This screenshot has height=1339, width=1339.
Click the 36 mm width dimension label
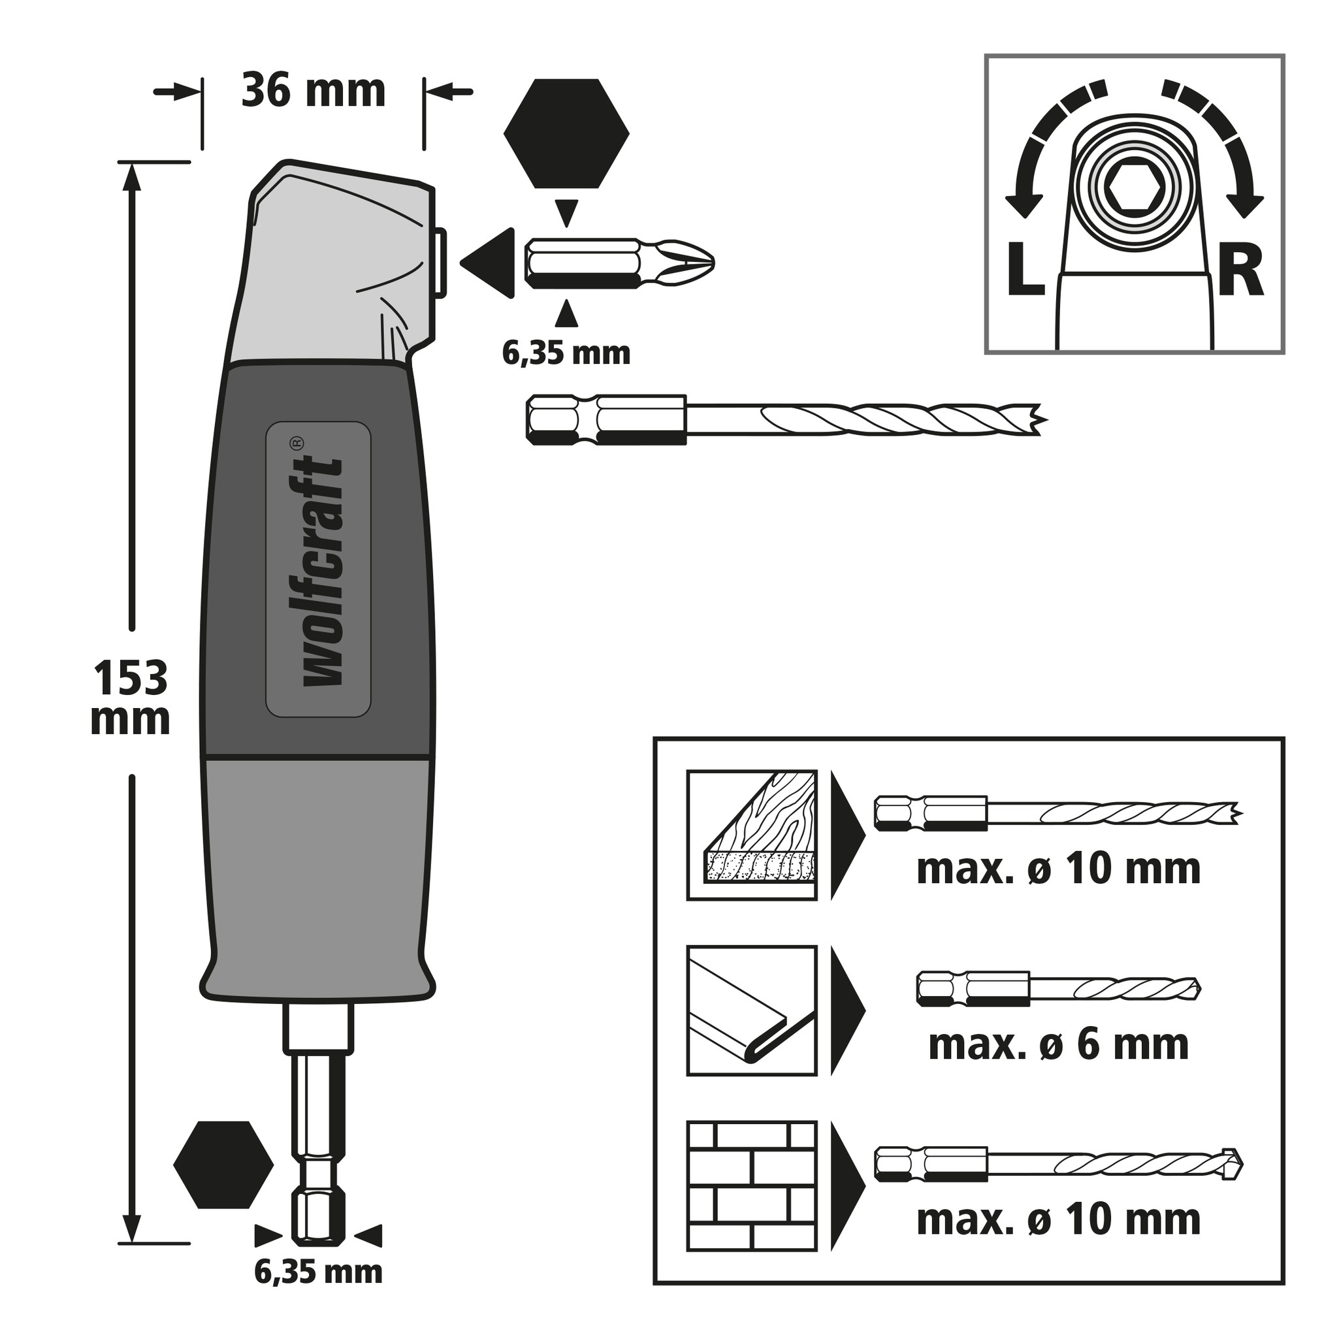314,91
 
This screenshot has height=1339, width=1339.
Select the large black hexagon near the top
566,134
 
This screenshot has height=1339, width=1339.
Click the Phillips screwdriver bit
619,263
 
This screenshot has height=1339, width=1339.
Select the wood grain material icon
751,835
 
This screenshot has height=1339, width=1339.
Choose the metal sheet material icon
751,1010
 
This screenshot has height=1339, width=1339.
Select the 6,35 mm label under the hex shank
318,1272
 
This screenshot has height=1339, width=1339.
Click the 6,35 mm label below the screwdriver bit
566,354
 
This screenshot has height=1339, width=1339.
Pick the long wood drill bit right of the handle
785,420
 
